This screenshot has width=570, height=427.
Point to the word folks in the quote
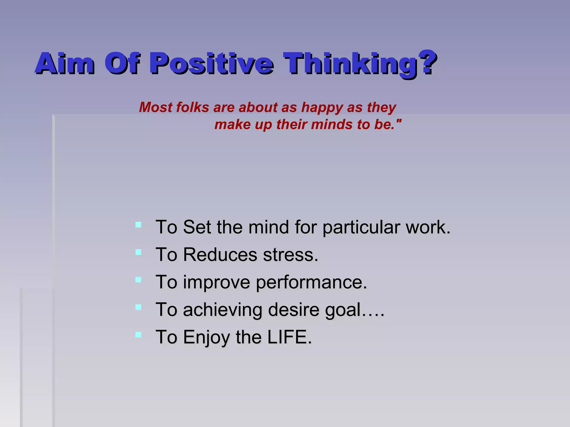click(192, 107)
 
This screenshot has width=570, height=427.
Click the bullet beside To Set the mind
click(138, 225)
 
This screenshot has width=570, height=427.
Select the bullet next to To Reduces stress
click(138, 252)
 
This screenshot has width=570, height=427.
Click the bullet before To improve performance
click(138, 279)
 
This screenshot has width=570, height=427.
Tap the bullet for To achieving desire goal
click(138, 307)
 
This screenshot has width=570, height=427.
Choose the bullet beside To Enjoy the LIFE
click(138, 334)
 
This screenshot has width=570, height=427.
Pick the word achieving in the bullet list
click(222, 310)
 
